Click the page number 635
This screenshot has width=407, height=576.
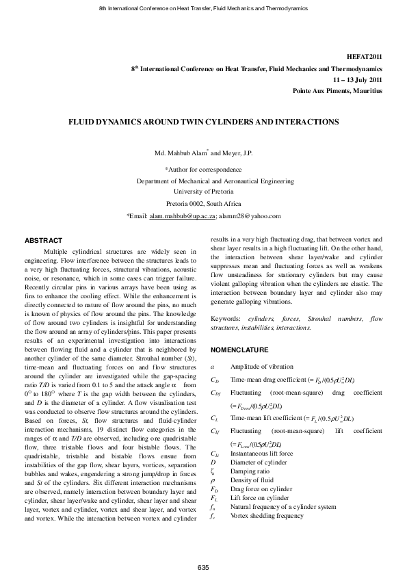point(203,568)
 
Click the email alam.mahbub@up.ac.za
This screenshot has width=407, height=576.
point(182,216)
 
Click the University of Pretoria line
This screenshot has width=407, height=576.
point(203,192)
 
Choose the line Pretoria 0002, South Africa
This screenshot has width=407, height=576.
point(203,204)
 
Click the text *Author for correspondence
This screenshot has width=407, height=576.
point(203,169)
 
